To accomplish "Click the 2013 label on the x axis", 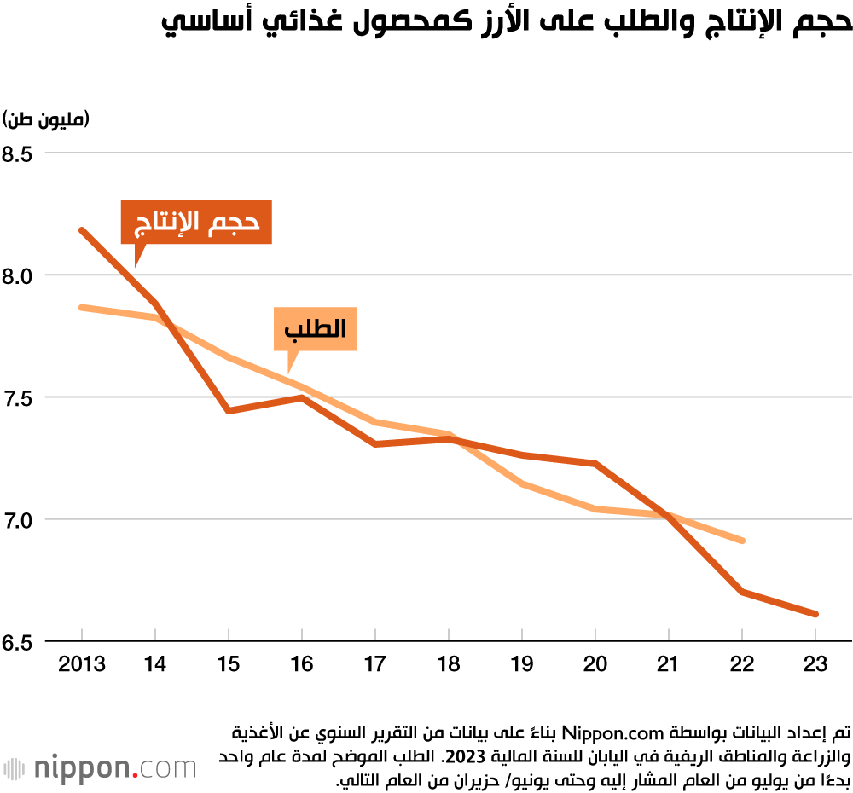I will pos(82,663).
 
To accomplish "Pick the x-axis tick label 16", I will pos(302,663).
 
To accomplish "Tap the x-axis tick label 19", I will pos(522,663).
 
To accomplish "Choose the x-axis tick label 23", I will pos(816,663).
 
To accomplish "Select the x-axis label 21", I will pos(670,663).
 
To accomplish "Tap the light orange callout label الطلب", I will pos(315,329).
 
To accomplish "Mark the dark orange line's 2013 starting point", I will pos(82,230).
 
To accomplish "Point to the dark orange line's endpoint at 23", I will pos(816,614).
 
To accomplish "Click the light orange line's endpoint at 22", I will pos(743,541).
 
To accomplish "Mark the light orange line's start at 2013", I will pos(82,307).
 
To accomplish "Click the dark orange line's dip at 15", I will pos(229,411).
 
